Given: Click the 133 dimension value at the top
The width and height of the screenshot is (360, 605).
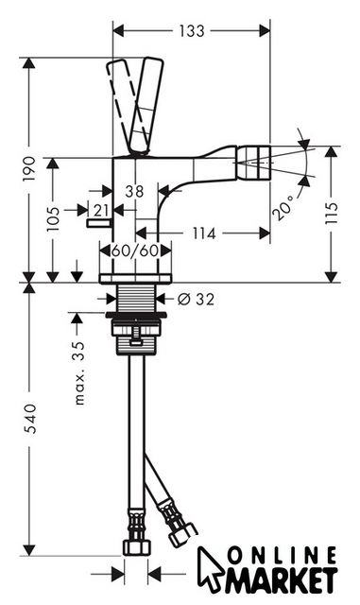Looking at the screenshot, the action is pos(192,31).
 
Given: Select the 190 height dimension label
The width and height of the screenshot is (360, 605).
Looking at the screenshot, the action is pos(29,168).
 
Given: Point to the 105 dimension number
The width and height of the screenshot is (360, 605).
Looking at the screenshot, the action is pos(53,218).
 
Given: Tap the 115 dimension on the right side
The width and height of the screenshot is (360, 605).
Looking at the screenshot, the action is pos(331,212).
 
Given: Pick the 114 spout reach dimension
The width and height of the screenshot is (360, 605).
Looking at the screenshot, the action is pos(204,233).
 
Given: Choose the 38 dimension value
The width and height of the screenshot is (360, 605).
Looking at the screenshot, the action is pos(134,191).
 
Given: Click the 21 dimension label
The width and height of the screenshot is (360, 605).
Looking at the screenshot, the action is pos(101,210).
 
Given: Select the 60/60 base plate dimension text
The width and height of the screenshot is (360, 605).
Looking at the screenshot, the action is pos(135,251).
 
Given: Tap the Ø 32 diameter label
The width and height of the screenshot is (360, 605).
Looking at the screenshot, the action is pos(196,299).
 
